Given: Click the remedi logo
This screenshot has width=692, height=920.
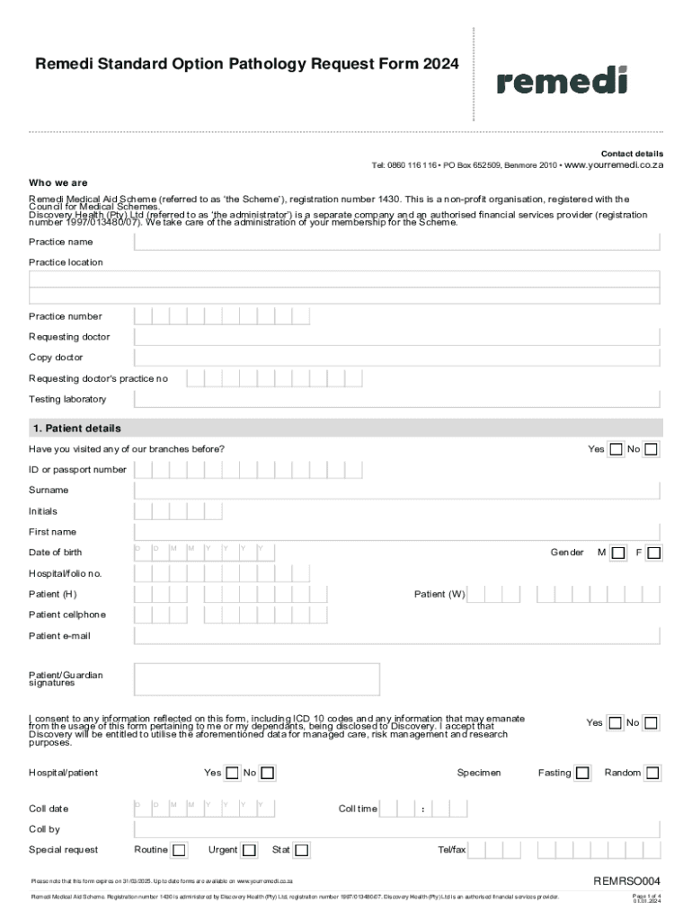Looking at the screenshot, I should coord(562,81).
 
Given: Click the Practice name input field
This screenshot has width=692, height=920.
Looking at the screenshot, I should coord(397,242).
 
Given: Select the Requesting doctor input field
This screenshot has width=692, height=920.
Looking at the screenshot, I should coord(397,337).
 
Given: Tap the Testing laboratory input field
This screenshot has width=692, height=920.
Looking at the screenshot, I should coord(397,399).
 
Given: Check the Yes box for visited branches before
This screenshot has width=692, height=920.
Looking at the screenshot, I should coord(616,449).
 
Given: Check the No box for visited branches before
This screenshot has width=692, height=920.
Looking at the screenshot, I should coord(651,449).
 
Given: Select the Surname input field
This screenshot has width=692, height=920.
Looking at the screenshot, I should coord(397,491).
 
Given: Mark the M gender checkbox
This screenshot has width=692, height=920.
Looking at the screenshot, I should coord(617,553).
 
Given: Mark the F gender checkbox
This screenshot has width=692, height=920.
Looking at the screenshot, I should coord(654,553).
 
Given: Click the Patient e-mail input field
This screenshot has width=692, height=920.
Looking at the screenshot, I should coord(397,636).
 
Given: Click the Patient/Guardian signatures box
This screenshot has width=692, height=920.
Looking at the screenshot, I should coord(397,680).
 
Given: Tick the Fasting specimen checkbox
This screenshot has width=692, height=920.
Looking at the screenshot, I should coord(582,773).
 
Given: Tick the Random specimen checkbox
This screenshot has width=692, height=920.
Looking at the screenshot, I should coord(652,773).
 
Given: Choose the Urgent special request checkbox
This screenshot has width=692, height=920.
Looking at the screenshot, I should coord(250,850).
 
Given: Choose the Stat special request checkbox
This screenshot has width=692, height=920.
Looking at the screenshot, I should coord(302,850).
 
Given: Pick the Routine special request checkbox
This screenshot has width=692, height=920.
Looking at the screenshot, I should coord(180,850).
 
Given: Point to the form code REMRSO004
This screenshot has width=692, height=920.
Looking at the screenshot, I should coord(626,880).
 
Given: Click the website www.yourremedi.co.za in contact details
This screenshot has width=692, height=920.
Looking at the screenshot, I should coord(613,166).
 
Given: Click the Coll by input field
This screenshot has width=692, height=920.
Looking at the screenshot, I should coord(397,829).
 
